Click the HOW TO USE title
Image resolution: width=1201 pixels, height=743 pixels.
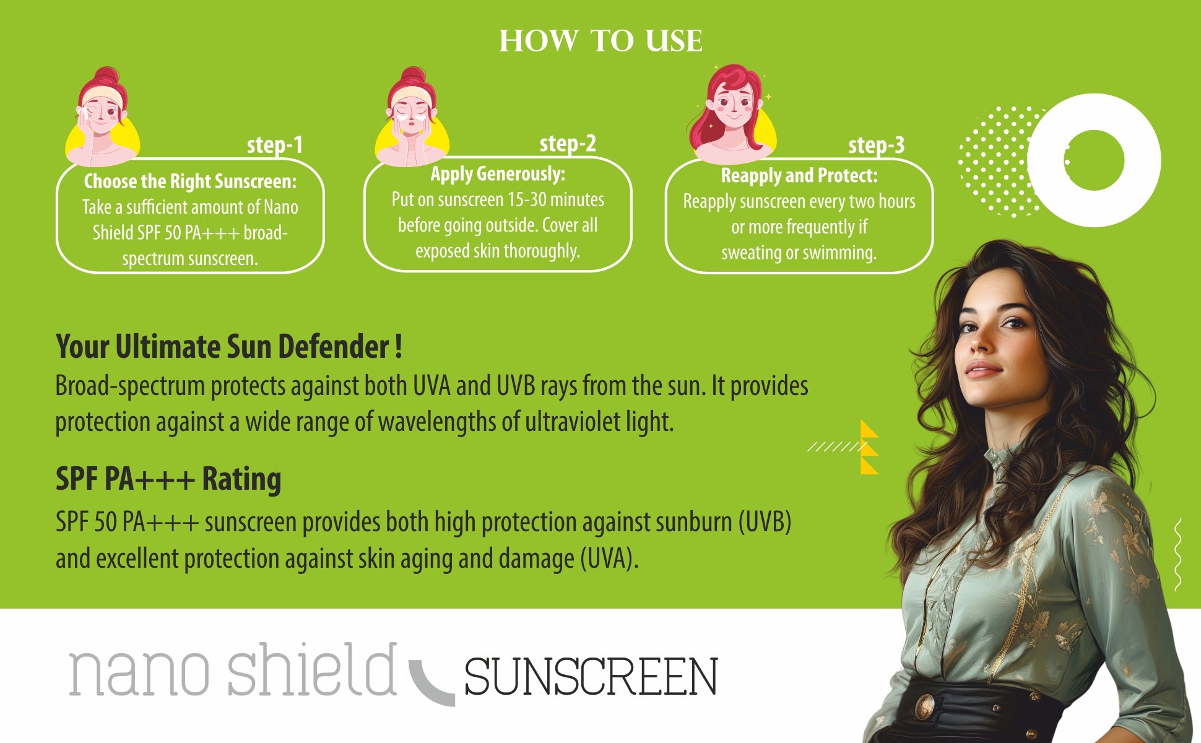tap(600, 41)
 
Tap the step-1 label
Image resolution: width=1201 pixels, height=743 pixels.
tap(275, 145)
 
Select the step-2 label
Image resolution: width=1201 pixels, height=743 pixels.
tap(568, 144)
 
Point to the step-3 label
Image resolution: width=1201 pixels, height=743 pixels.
tap(876, 146)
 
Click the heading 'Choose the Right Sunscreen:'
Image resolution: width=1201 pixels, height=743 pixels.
tap(190, 181)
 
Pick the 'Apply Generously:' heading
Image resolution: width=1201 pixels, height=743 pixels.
tap(498, 174)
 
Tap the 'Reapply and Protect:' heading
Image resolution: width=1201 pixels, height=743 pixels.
tap(799, 176)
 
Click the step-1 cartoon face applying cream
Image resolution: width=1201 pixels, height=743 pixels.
tap(102, 118)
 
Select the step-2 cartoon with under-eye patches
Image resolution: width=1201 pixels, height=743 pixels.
tap(411, 118)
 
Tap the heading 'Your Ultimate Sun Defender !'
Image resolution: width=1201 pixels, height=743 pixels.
tap(229, 347)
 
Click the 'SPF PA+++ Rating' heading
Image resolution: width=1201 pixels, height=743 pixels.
tap(168, 479)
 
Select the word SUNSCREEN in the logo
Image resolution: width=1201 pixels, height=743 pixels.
tap(591, 677)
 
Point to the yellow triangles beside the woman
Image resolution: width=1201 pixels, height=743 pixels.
tap(869, 448)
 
